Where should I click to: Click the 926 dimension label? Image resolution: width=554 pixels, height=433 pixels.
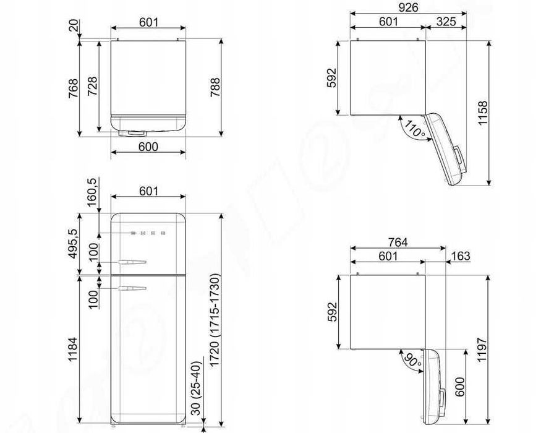tap(408, 7)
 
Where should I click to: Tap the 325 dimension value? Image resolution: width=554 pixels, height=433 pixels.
tap(446, 22)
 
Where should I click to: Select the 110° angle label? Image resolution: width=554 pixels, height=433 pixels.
tap(415, 129)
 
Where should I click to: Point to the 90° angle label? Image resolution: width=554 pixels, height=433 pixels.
tap(413, 360)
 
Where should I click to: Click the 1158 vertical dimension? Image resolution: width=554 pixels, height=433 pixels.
tap(483, 113)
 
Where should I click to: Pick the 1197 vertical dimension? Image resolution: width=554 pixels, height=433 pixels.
tap(482, 350)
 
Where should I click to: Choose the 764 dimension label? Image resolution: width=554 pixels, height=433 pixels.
tap(398, 242)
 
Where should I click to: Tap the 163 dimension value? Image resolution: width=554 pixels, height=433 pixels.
tap(461, 255)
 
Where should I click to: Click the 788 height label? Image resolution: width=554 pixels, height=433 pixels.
tap(215, 87)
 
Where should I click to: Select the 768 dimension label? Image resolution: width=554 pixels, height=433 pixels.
tap(73, 88)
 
